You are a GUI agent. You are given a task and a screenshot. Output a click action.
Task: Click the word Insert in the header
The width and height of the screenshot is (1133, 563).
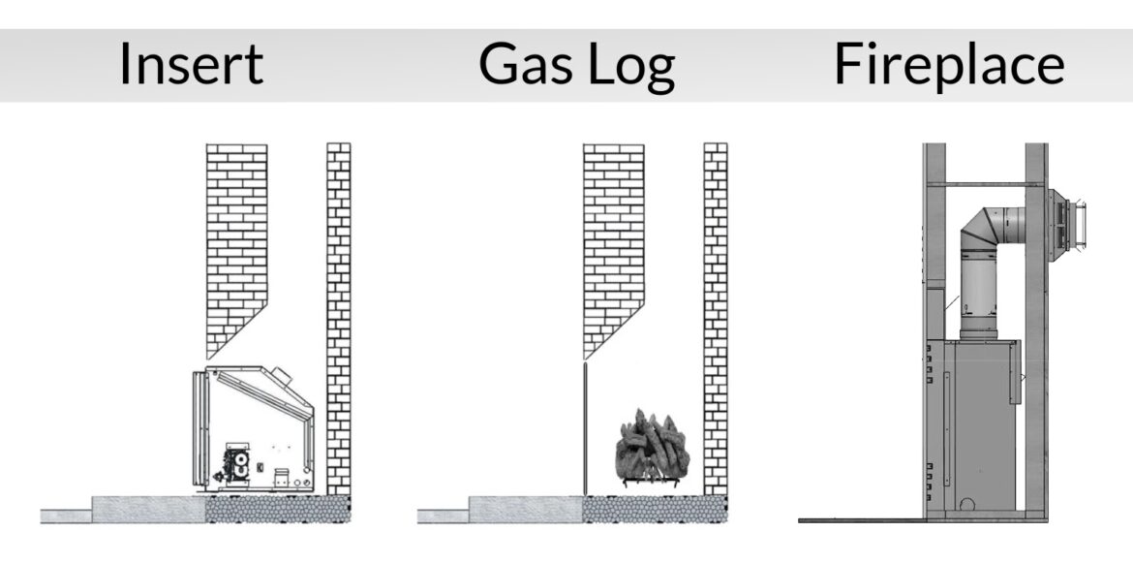191,64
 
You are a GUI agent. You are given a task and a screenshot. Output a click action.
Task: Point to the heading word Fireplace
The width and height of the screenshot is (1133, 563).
948,64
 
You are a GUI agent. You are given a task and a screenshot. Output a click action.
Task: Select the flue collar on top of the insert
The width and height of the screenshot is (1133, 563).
278,373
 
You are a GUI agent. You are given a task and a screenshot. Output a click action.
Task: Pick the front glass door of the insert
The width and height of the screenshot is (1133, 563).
200,426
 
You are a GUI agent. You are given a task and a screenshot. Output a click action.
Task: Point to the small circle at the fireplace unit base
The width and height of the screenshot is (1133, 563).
965,505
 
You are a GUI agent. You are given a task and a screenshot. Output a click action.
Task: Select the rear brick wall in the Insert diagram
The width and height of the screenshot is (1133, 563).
339,320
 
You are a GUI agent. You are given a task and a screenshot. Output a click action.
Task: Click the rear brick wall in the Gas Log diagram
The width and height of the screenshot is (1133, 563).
716,320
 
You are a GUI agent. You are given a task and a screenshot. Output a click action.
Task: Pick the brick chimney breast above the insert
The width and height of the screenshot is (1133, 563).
236,242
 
